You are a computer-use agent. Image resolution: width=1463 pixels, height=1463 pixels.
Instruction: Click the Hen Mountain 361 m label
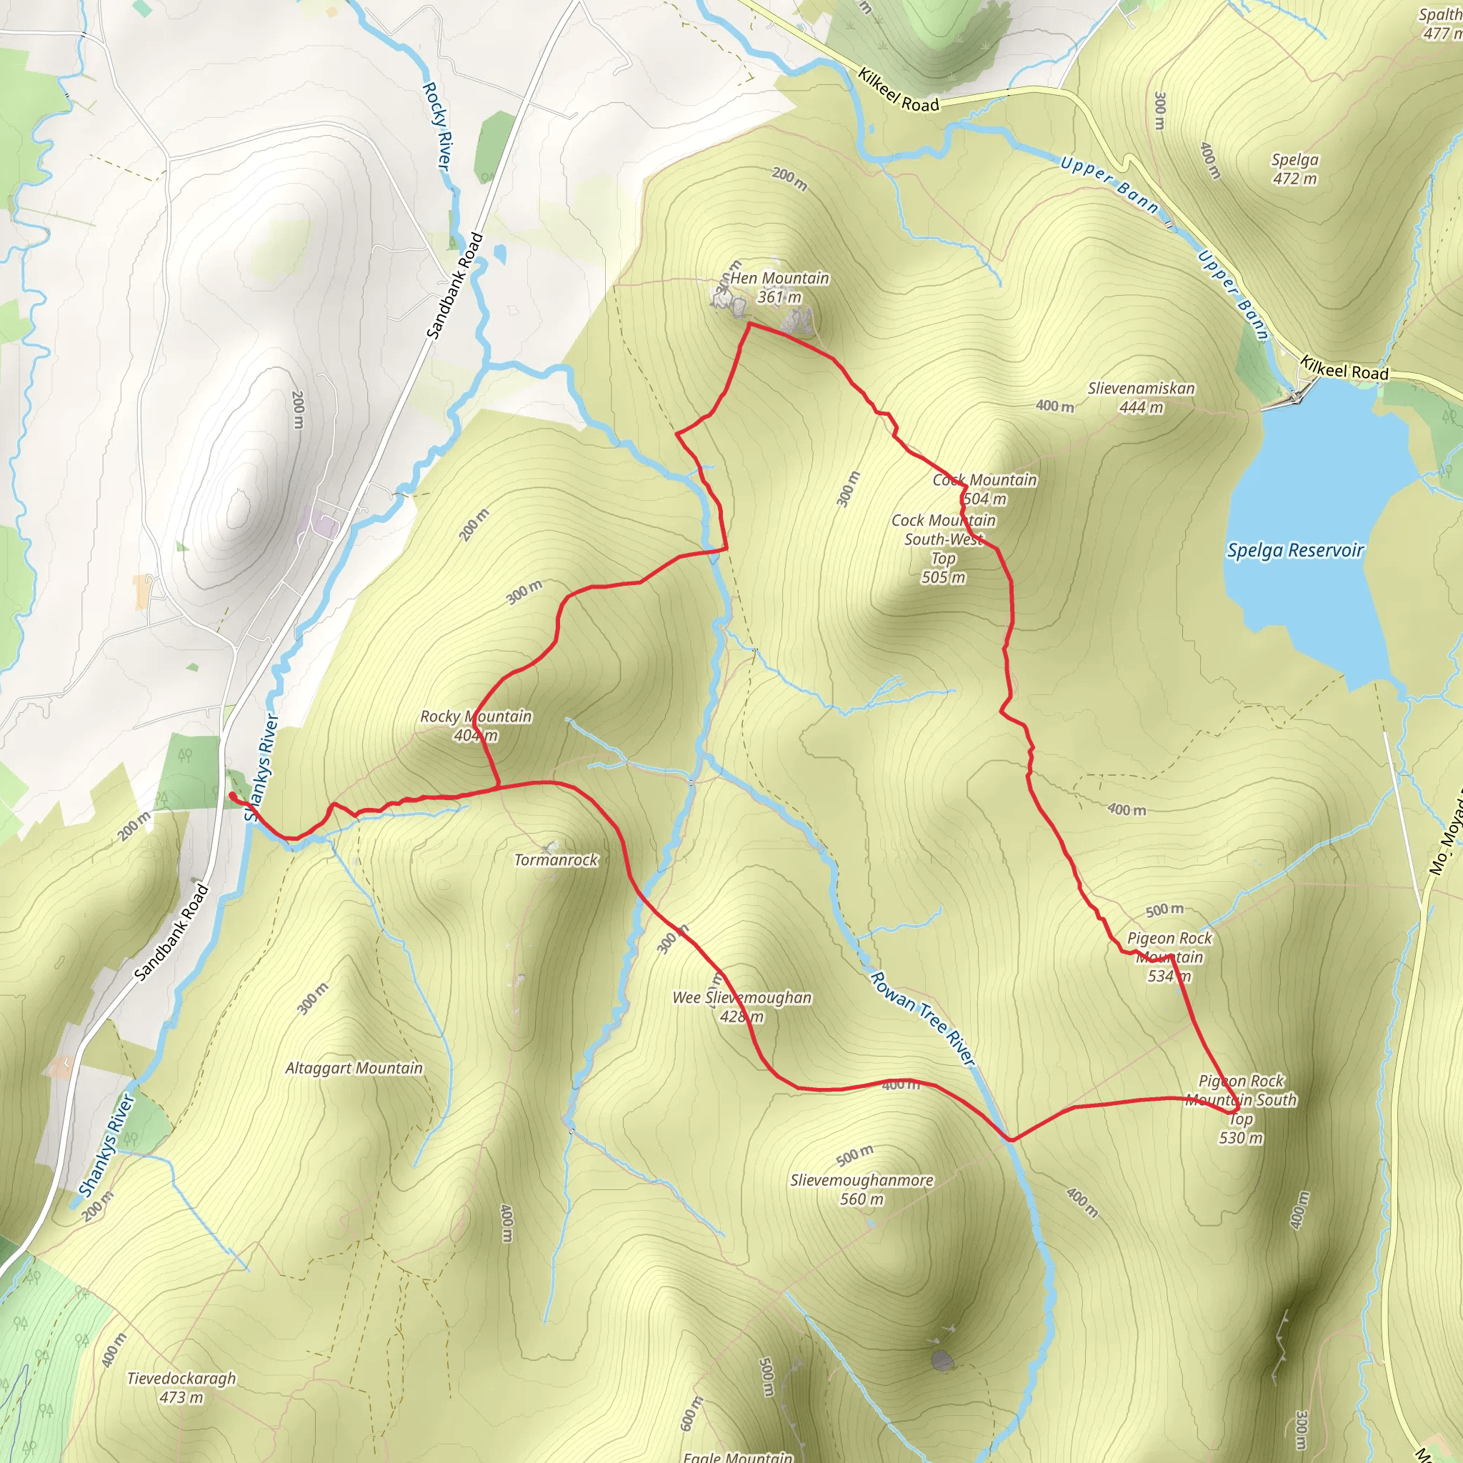(779, 288)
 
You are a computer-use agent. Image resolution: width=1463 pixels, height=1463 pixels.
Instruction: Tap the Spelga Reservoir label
(1295, 551)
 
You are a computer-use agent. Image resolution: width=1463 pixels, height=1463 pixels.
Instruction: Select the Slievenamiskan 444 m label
(1141, 398)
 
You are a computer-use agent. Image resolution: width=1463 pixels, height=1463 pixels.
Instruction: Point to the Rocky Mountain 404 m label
(476, 726)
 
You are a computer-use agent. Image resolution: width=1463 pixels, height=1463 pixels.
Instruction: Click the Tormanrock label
(556, 860)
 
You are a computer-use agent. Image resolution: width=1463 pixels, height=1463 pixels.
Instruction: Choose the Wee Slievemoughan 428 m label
(742, 1007)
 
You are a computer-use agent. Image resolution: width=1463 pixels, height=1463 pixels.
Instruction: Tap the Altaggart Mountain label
(354, 1069)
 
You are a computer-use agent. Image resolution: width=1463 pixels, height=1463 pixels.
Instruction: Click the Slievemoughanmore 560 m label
(862, 1189)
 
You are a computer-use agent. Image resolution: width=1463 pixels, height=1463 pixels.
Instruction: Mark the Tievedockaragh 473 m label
(181, 1388)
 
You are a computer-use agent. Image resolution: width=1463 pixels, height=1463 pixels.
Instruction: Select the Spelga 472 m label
(1294, 169)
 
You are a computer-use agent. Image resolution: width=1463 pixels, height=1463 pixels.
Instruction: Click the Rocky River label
(436, 126)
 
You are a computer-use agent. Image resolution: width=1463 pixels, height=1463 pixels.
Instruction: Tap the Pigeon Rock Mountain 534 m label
(1169, 957)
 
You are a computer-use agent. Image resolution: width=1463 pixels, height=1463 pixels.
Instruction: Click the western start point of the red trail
(231, 794)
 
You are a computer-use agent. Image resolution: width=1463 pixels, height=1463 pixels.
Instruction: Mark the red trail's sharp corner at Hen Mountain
(749, 324)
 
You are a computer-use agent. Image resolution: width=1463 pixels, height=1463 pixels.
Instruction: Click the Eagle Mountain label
(737, 1455)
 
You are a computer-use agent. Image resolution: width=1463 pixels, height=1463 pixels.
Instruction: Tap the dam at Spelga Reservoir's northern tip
(1297, 396)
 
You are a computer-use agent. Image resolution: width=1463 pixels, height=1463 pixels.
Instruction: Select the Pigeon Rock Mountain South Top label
(1241, 1109)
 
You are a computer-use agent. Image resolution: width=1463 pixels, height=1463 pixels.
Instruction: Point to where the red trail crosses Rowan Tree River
(1010, 1139)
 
